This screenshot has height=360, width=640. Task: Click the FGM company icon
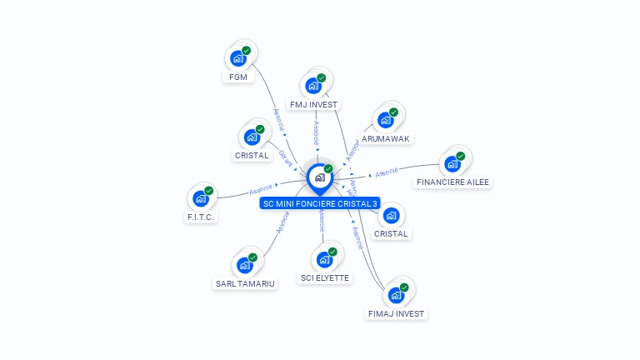coord(238,58)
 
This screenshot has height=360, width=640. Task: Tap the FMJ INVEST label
coord(313,104)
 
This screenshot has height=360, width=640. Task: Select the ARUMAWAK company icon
coord(385,120)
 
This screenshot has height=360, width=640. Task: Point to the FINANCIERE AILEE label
coord(453,182)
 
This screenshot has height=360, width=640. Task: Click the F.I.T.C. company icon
coord(200,198)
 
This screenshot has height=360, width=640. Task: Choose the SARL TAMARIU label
coord(244,282)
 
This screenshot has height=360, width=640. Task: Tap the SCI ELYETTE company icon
coord(324,259)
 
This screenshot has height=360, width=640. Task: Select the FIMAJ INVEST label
coord(397,313)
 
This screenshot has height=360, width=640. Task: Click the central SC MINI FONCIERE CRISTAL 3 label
coord(320,203)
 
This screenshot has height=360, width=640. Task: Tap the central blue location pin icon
coord(319,177)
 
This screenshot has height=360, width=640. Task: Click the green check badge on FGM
coord(247,51)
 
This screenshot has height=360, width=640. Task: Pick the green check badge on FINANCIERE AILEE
coord(461,156)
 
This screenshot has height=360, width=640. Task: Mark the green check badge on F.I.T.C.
coord(209,191)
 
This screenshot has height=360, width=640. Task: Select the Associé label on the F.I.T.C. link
coord(261,190)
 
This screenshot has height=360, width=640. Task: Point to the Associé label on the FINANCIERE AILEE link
coord(387,172)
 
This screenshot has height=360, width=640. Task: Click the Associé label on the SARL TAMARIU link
coord(282,221)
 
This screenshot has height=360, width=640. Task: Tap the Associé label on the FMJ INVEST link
coord(317,131)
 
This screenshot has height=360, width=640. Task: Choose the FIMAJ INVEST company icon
coord(396,294)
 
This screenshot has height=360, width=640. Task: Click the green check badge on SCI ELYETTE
coord(332,252)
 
